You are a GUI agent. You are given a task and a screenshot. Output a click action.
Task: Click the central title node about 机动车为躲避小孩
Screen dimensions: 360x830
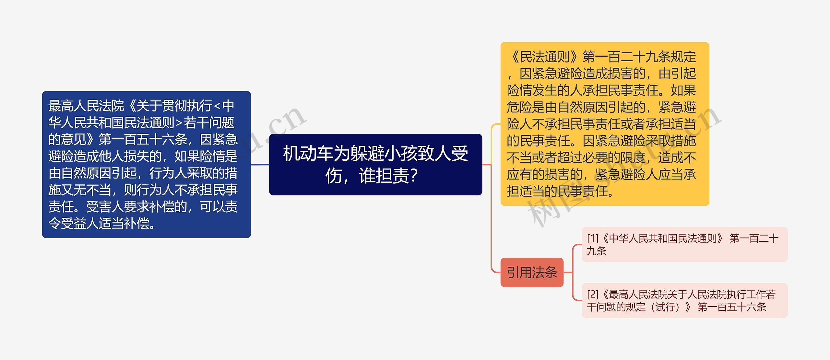coord(375,164)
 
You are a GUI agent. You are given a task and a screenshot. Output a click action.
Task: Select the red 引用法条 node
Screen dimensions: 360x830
coord(532,273)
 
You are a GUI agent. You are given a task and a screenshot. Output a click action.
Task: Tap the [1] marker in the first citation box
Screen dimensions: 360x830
coord(592,238)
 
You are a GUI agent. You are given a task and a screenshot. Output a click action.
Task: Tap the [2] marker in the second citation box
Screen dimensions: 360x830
coord(592,295)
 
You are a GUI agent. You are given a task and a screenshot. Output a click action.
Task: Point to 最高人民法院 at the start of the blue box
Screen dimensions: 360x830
coord(86,106)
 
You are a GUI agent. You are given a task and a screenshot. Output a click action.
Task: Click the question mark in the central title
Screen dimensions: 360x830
coord(414,176)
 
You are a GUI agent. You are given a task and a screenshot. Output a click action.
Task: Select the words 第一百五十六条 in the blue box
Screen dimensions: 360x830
coord(143,140)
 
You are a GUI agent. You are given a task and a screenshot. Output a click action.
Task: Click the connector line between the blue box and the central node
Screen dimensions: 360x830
coord(260,165)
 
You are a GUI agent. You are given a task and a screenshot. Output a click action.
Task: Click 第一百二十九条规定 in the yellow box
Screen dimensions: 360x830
coord(639,57)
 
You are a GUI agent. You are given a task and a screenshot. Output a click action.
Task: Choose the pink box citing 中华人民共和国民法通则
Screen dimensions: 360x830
coord(684,244)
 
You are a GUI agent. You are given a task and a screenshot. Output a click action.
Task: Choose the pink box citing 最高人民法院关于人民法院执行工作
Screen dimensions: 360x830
coord(684,300)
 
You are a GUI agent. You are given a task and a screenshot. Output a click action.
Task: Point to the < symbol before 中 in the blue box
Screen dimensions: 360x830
coord(217,106)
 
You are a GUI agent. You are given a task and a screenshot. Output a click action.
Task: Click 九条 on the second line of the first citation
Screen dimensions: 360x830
coord(596,251)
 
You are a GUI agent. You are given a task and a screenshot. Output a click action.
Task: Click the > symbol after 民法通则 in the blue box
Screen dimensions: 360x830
coord(179,123)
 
